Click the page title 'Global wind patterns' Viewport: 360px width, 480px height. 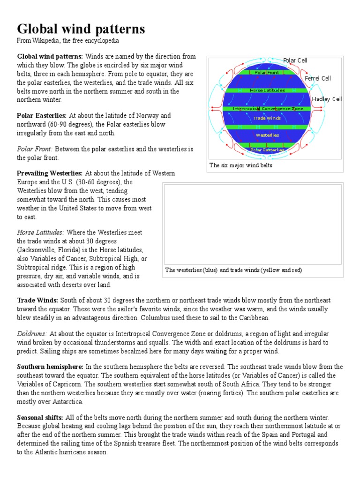81,29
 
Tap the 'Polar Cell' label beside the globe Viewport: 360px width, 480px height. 295,60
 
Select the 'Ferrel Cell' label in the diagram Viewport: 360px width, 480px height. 317,78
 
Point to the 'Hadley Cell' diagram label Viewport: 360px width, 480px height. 327,99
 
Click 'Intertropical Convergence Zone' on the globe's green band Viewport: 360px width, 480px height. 265,109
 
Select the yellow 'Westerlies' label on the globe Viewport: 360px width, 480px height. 267,135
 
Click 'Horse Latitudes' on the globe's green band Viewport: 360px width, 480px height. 267,90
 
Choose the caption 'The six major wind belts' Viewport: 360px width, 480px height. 240,165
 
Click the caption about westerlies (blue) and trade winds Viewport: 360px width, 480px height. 233,270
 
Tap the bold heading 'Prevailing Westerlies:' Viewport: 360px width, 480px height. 50,173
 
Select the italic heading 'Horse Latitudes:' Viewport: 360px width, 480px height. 41,232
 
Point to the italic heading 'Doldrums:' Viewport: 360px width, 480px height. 32,333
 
